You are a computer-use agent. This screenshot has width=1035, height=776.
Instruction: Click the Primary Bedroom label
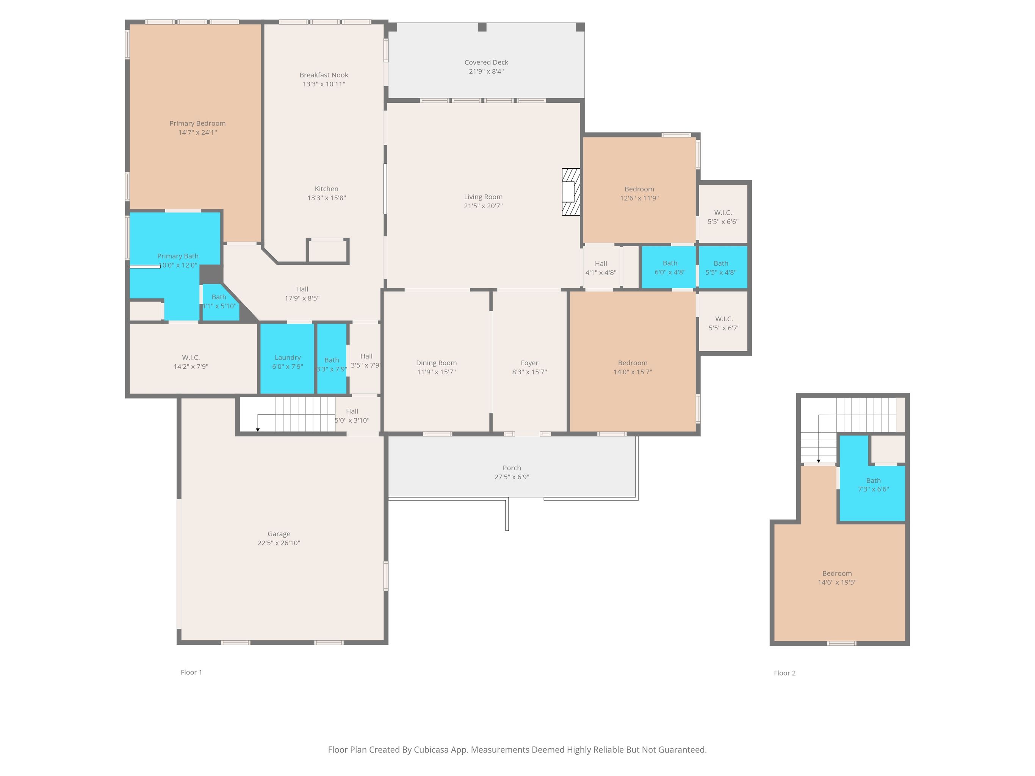tap(197, 124)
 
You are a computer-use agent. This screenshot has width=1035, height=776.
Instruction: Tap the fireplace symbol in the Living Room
tap(571, 192)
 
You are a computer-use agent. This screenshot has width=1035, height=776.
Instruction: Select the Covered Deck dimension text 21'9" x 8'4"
tap(486, 72)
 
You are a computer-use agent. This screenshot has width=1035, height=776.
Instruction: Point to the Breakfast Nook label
tap(324, 75)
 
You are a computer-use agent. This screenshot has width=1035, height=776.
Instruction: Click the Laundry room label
tap(288, 357)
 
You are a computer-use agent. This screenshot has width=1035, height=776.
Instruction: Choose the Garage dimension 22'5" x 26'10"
tap(279, 543)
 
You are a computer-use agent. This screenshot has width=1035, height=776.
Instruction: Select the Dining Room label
tap(437, 363)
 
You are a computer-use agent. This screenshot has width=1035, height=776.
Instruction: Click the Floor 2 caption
tap(784, 673)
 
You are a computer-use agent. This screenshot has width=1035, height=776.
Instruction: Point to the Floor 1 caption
tap(191, 672)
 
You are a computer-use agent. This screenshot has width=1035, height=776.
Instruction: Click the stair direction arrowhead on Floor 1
tap(258, 429)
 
